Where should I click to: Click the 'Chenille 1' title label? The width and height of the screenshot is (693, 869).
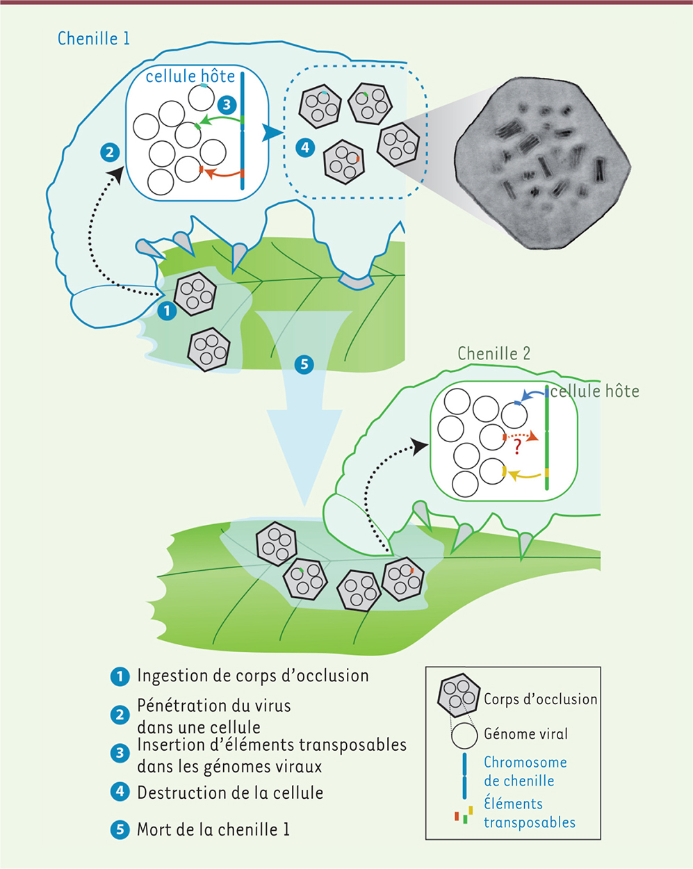pos(94,39)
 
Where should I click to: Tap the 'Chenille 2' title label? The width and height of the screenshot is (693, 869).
pos(494,353)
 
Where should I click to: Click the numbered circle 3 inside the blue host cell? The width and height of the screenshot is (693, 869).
pos(227,104)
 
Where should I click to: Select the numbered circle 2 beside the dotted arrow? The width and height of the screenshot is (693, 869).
pos(110,153)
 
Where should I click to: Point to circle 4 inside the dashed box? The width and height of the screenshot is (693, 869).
pos(305,148)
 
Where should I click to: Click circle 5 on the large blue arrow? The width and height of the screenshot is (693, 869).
pos(304,364)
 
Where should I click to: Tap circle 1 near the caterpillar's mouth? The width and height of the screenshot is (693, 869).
pos(167,311)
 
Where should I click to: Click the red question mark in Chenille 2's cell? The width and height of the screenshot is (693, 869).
pos(517,447)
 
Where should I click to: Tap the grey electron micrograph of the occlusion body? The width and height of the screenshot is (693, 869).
pos(542,163)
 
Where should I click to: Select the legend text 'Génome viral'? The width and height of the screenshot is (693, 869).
pos(525,733)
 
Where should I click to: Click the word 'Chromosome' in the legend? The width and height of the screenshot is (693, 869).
pos(525,762)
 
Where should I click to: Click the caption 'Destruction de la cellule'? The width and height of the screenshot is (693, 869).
pos(230,793)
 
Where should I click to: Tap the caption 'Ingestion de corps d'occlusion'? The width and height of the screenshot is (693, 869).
pos(253,676)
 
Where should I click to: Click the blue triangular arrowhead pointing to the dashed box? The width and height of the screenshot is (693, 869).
pos(272,133)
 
